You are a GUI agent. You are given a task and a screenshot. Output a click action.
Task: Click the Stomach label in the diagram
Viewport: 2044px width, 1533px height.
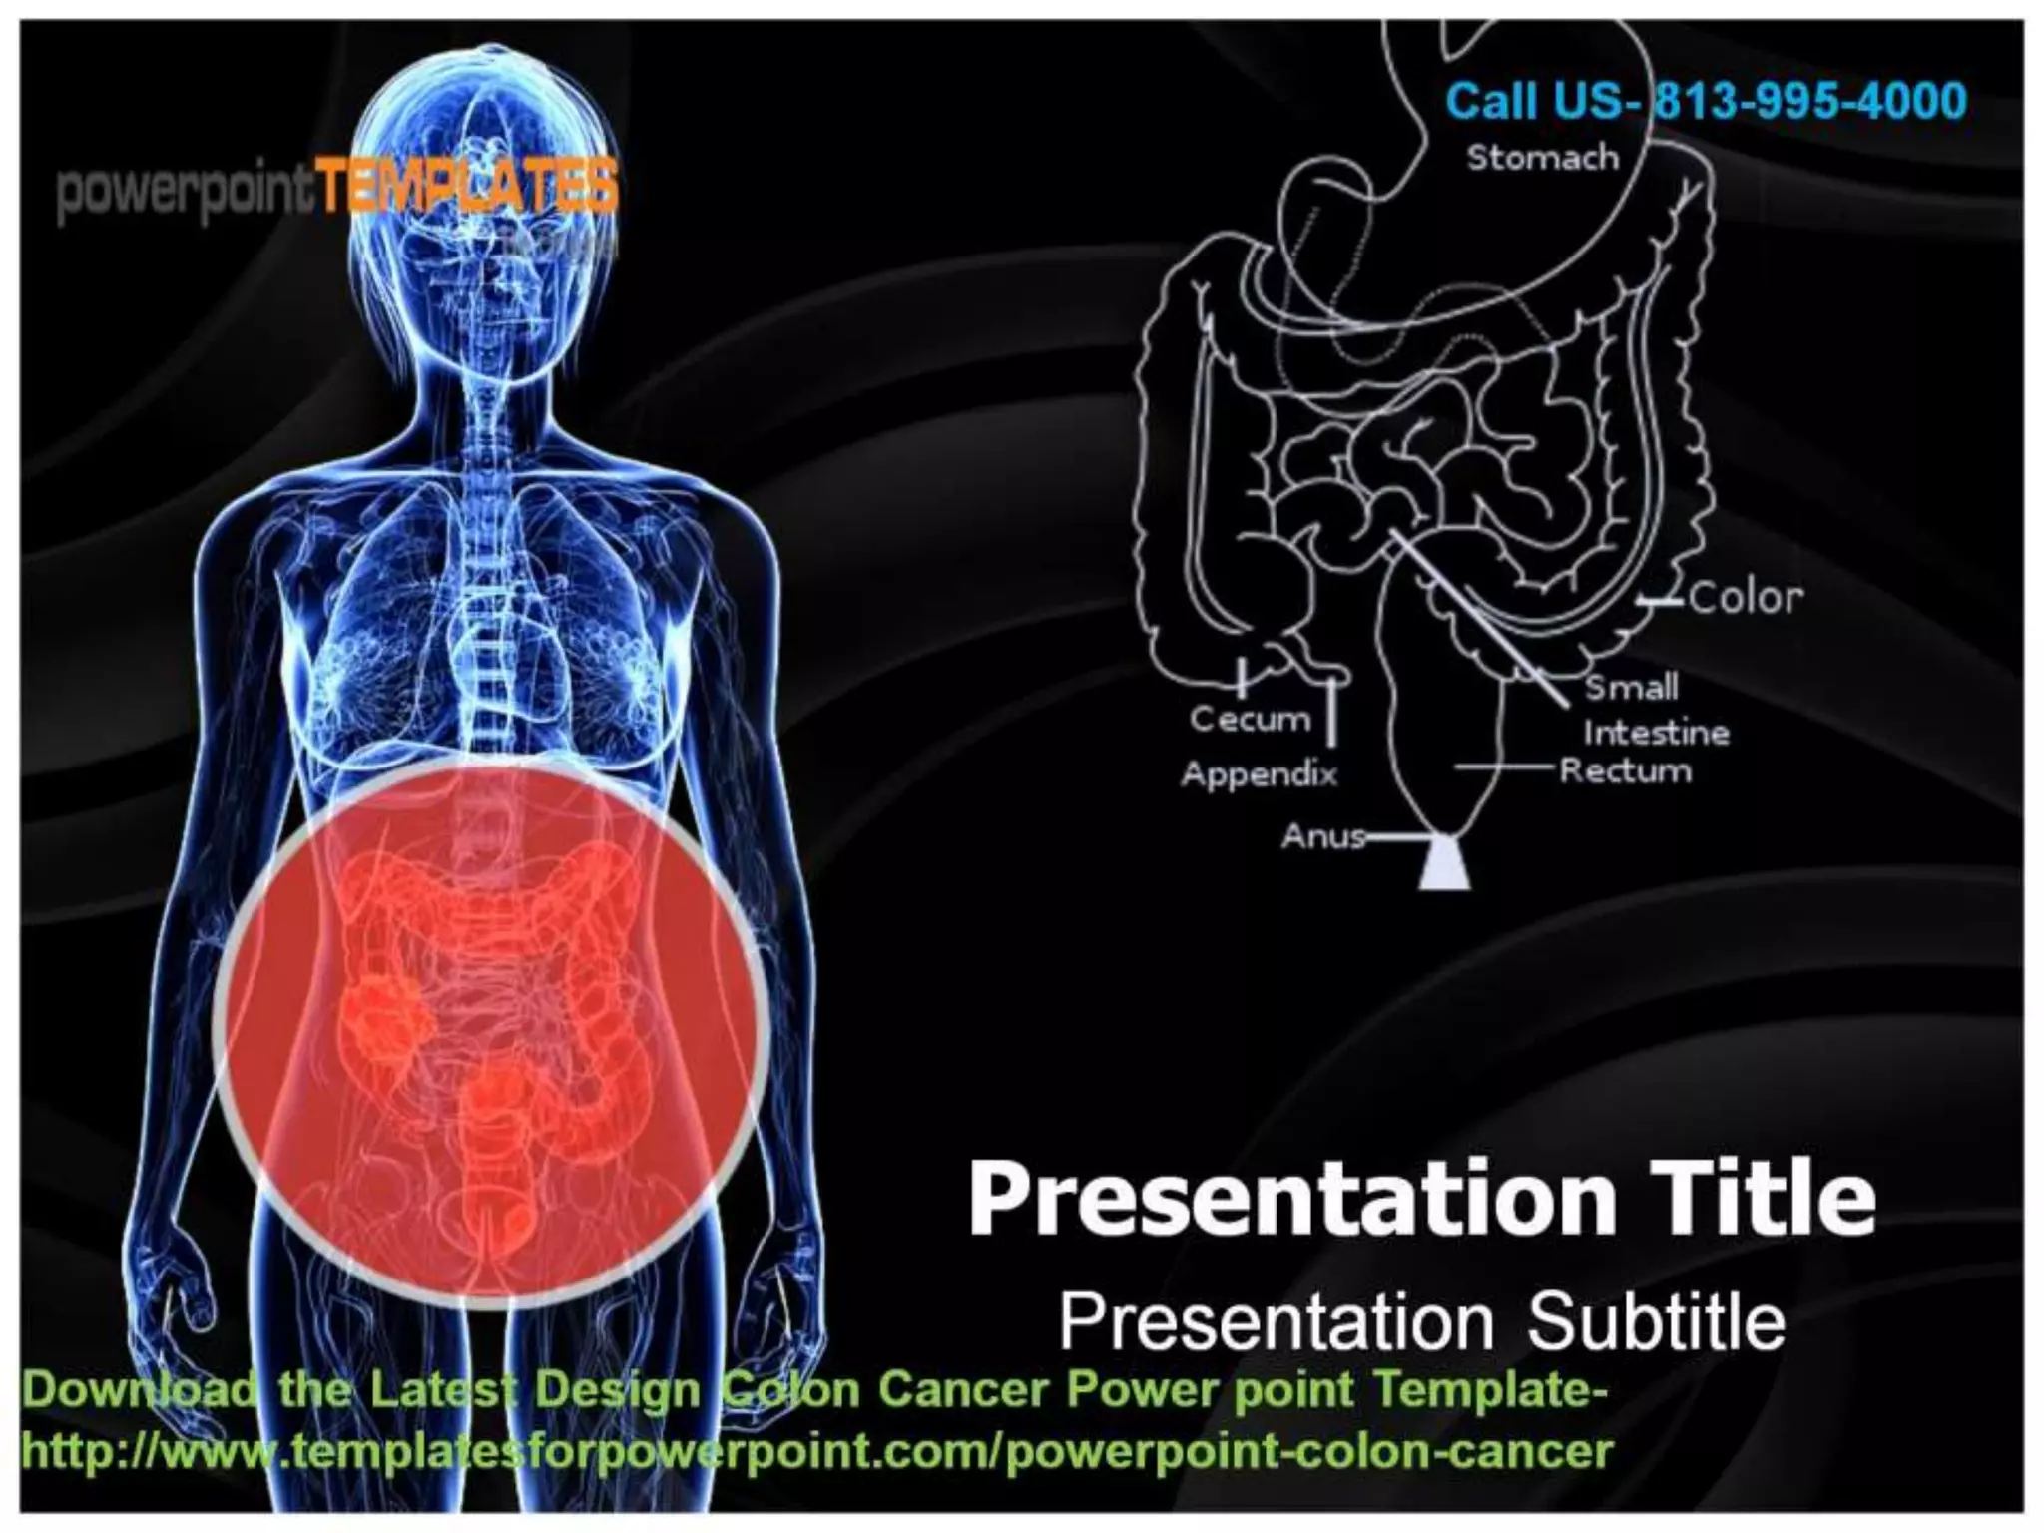click(1542, 158)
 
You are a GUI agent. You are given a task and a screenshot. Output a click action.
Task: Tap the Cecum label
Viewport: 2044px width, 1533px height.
click(1250, 718)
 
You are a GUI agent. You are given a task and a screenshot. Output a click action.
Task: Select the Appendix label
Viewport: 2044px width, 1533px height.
click(1260, 773)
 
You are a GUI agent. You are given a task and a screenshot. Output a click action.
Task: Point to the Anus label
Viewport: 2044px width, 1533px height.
click(1322, 835)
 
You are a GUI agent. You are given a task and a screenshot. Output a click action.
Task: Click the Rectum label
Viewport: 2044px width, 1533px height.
click(1626, 770)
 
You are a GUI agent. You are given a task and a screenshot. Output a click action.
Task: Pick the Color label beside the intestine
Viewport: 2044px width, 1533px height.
click(1746, 598)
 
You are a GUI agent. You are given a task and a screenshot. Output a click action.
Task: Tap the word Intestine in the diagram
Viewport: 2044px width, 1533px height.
click(1656, 733)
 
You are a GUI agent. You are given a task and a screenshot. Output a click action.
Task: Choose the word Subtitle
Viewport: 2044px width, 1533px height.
click(1656, 1321)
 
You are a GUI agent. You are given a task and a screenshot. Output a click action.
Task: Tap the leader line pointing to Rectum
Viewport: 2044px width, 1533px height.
click(1503, 766)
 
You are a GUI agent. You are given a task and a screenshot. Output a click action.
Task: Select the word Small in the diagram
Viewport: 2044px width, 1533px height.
click(1632, 687)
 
